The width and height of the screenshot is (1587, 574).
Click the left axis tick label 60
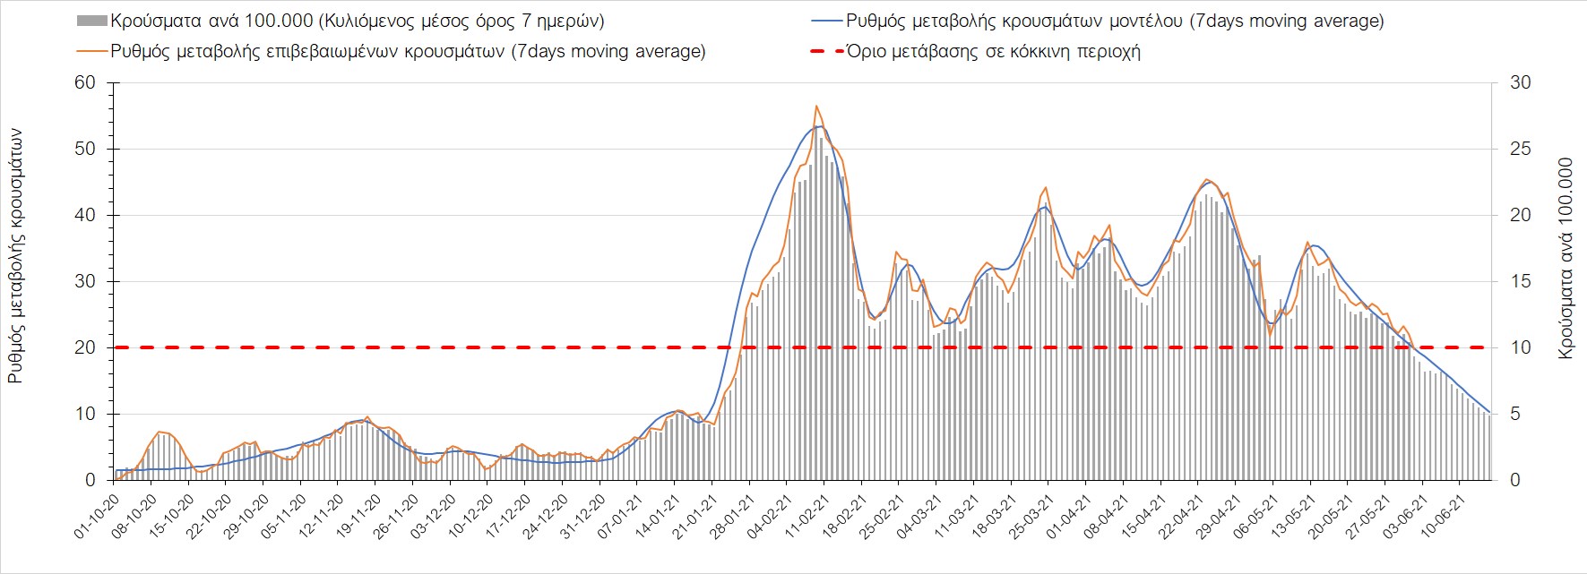[85, 83]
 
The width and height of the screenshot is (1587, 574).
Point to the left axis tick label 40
[85, 216]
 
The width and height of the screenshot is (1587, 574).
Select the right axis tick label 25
[1521, 150]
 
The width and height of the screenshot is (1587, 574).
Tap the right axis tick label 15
[1521, 282]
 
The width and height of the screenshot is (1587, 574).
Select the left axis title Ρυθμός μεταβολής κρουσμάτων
[15, 256]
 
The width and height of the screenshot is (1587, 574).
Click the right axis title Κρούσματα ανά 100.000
[1565, 260]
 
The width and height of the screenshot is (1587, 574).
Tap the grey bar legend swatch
[92, 21]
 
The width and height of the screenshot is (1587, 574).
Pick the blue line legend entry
[1114, 21]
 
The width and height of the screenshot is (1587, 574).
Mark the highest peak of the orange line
[816, 107]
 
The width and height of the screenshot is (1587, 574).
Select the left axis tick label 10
[85, 415]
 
